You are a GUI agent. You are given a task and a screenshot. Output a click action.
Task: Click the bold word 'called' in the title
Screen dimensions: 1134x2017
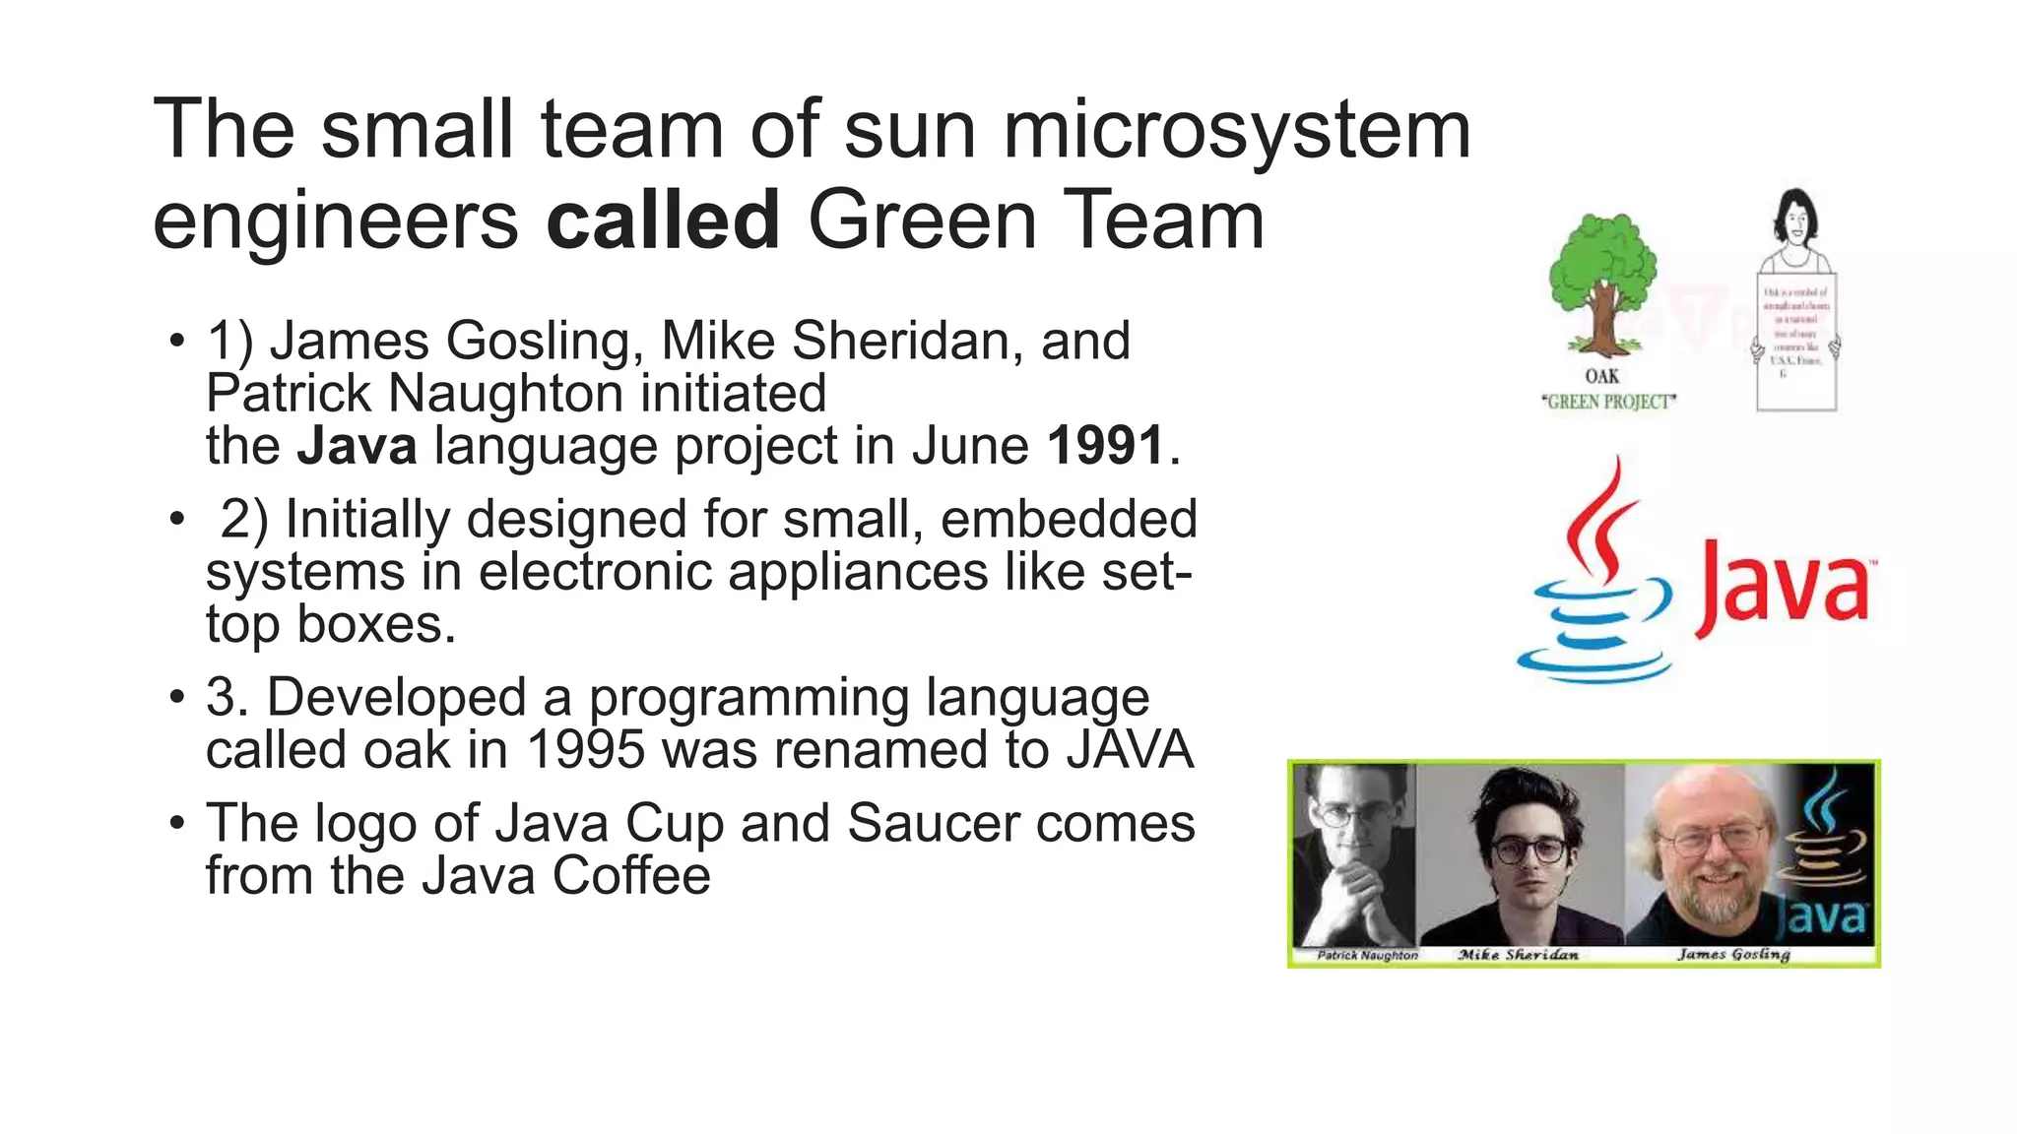pyautogui.click(x=663, y=220)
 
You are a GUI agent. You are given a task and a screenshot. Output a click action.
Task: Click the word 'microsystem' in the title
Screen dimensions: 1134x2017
pyautogui.click(x=1236, y=130)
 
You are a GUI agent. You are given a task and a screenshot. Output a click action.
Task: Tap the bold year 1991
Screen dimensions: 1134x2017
pyautogui.click(x=1106, y=446)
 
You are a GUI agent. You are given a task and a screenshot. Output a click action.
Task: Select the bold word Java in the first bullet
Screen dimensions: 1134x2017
pyautogui.click(x=358, y=446)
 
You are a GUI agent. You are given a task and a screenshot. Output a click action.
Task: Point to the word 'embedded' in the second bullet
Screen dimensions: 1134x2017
pyautogui.click(x=1069, y=519)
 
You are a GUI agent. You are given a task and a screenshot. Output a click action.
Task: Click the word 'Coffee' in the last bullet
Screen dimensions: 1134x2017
pyautogui.click(x=630, y=876)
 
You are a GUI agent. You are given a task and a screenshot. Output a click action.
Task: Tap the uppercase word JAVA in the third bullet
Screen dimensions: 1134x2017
pyautogui.click(x=1130, y=750)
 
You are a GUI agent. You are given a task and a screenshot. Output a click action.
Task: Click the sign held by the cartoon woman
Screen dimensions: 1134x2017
pyautogui.click(x=1796, y=340)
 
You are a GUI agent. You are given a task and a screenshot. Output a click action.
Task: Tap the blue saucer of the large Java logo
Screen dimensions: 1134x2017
pyautogui.click(x=1594, y=663)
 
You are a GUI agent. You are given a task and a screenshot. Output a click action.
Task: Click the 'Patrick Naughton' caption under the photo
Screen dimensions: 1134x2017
pyautogui.click(x=1367, y=955)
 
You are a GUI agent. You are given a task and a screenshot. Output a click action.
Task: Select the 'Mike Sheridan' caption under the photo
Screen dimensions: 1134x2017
pyautogui.click(x=1518, y=955)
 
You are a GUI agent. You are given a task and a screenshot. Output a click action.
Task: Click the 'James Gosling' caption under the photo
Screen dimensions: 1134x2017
pyautogui.click(x=1733, y=954)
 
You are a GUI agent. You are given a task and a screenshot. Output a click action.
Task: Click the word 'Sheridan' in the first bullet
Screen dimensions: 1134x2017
pyautogui.click(x=897, y=342)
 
